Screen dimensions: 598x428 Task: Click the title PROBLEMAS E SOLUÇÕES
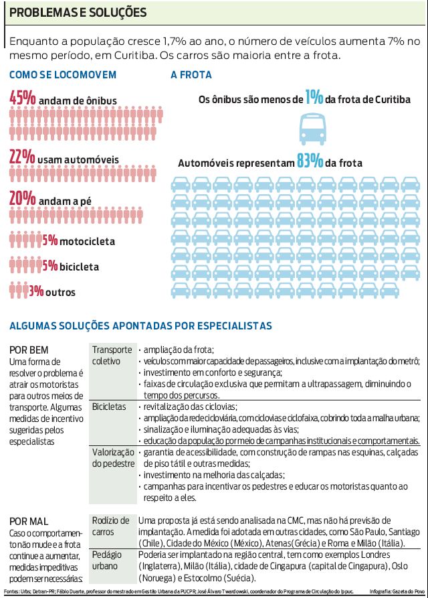coord(78,12)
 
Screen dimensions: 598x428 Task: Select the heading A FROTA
coord(191,75)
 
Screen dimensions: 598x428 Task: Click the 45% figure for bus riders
coord(22,98)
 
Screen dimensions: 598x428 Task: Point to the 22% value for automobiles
coord(22,158)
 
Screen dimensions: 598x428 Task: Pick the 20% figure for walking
coord(22,198)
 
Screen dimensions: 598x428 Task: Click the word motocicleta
coord(87,240)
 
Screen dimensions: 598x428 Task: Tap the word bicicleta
coord(79,267)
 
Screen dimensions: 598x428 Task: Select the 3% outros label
coord(51,292)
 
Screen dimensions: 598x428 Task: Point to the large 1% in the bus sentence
coord(314,98)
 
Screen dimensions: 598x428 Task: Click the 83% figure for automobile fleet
coord(311,162)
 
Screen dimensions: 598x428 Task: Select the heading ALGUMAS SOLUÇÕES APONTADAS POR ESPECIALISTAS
coord(140,326)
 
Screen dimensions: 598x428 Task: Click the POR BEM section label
coord(29,350)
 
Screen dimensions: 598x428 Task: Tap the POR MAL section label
coord(29,520)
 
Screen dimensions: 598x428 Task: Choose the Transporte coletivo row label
coord(112,356)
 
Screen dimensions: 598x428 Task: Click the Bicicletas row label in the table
coord(109,406)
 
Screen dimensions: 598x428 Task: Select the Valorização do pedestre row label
coord(112,457)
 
